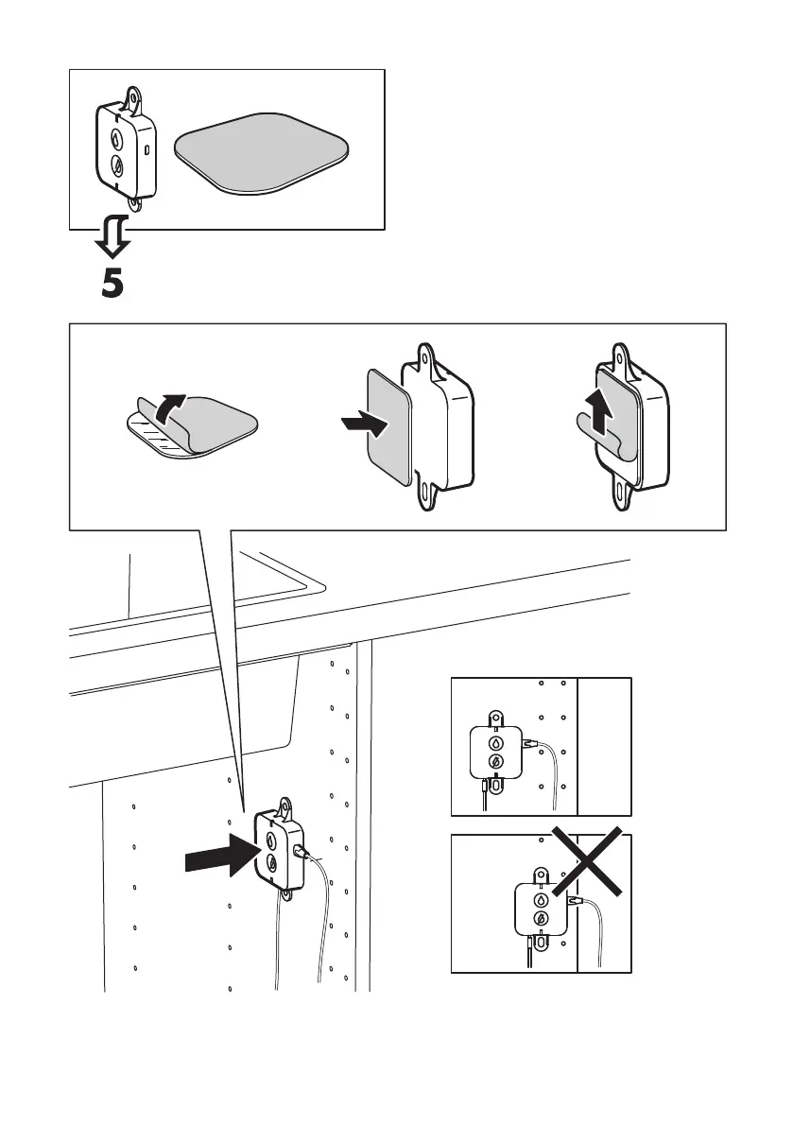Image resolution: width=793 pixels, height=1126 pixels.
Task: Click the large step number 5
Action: [112, 283]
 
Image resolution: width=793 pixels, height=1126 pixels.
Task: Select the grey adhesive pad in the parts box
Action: [261, 151]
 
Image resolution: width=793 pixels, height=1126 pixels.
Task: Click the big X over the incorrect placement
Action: [587, 862]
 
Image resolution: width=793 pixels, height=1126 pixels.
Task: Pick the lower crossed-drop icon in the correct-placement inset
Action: [492, 763]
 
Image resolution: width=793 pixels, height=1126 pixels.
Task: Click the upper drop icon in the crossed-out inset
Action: [539, 900]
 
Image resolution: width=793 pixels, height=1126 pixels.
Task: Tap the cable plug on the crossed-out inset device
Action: [572, 905]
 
